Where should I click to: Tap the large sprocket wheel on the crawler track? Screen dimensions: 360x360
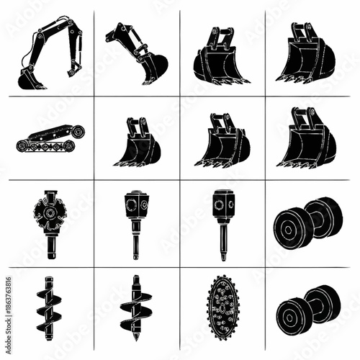(77, 132)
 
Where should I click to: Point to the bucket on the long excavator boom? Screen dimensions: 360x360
(32, 79)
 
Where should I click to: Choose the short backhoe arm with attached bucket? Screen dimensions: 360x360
(137, 53)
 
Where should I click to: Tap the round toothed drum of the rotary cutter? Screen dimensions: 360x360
(49, 210)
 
